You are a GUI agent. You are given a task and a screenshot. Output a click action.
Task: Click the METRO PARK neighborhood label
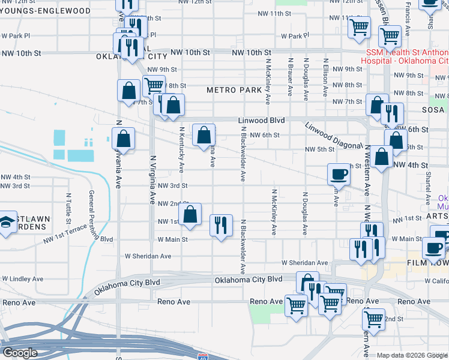click(234, 90)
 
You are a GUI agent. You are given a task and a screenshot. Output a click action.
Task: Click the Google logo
click(19, 353)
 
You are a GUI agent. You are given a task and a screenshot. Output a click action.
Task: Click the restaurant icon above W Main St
click(221, 226)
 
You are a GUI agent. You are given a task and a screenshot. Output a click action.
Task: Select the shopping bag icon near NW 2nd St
click(190, 214)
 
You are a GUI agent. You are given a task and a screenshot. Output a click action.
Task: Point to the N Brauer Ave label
click(291, 77)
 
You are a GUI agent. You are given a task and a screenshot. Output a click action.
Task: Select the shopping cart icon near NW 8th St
click(154, 85)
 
